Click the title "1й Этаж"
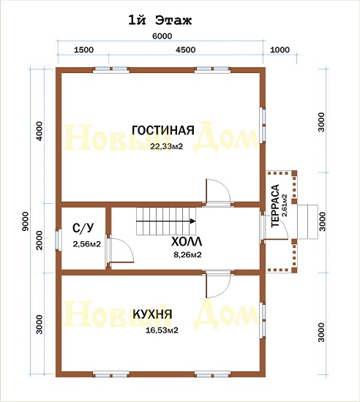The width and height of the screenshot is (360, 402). coord(160,20)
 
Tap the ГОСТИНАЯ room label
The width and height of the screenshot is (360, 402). coord(163,130)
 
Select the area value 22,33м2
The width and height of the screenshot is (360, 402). coord(167,147)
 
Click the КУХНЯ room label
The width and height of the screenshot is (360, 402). coord(152,314)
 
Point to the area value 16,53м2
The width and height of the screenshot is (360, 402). coord(162,330)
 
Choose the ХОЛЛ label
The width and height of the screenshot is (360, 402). coord(187,241)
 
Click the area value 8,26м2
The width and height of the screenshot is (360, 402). coord(187,255)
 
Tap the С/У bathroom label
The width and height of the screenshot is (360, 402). coord(83,228)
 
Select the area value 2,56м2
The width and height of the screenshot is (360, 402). coord(87,244)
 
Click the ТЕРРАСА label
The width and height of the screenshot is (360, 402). coord(275,205)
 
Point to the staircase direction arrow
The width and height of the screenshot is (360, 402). coord(166,221)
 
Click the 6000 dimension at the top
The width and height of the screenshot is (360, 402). coord(162,36)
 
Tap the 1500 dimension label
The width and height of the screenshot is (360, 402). coord(83,50)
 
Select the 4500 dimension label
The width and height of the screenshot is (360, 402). coord(186,50)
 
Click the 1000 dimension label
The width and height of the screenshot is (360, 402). coord(280,50)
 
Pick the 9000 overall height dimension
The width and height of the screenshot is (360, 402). coord(26,221)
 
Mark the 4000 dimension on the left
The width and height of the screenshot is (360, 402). coord(40,132)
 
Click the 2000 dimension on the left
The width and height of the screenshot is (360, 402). coord(40,240)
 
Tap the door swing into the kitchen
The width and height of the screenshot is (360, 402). coord(218,285)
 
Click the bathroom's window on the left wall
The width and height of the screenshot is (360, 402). coord(59,240)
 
